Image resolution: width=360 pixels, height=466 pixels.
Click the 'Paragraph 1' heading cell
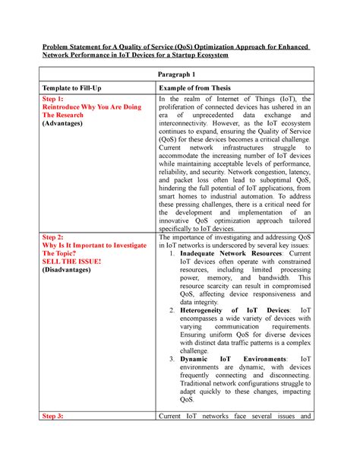point(180,74)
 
